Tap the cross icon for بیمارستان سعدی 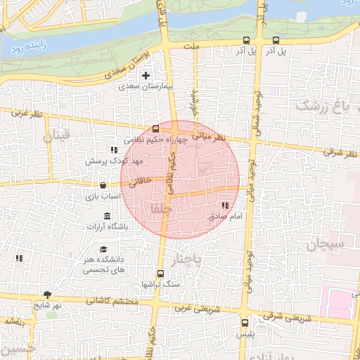click(146, 75)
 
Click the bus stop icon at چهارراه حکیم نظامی click(156, 129)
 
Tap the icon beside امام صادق click(225, 205)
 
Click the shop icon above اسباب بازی click(103, 186)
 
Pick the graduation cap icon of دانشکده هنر click(103, 250)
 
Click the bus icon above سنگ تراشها click(160, 274)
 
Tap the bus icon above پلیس click(245, 323)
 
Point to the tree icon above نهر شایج click(47, 295)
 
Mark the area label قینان click(59, 136)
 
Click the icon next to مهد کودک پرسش click(113, 150)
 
